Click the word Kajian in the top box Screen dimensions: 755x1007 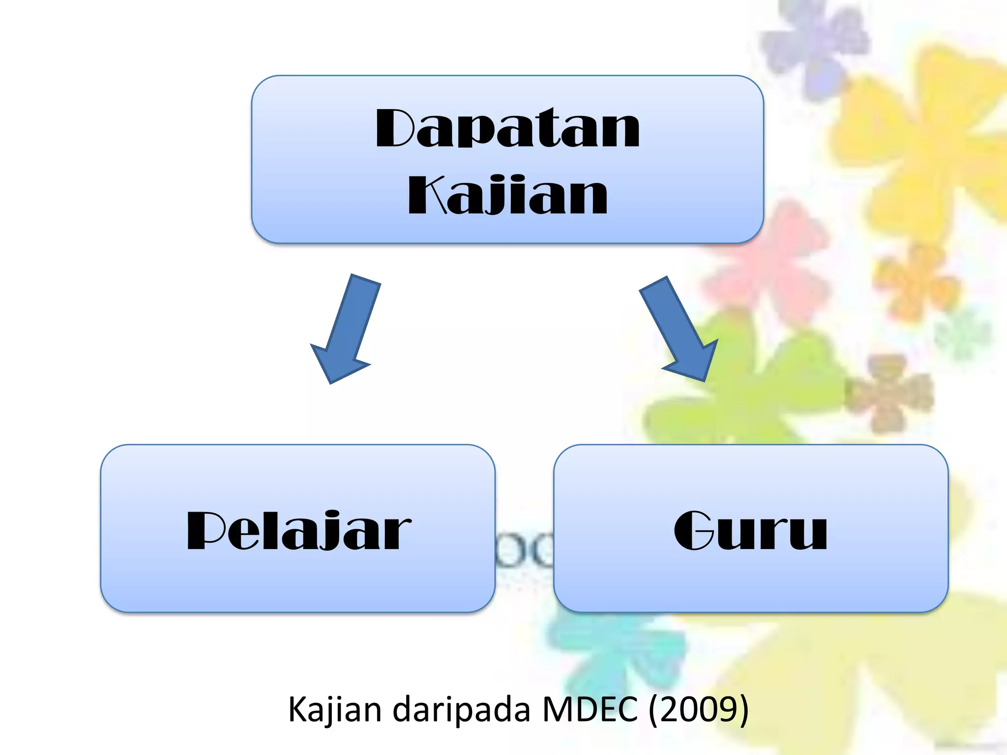click(507, 196)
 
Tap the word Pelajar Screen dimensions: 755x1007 click(298, 531)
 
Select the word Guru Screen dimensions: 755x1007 click(750, 531)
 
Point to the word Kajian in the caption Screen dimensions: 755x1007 click(334, 710)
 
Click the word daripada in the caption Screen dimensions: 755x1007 click(462, 710)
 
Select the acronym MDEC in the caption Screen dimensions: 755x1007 click(590, 710)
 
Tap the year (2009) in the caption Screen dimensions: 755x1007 click(699, 710)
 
